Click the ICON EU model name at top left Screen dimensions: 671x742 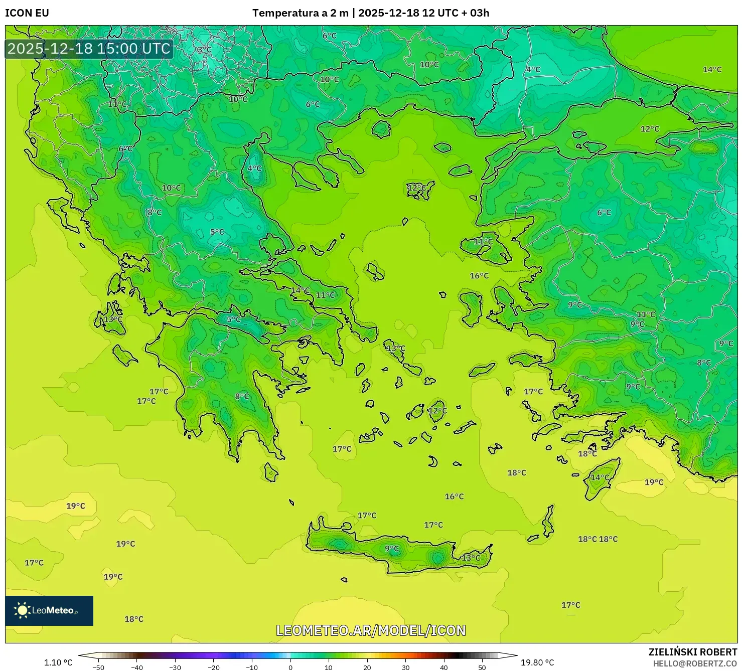click(27, 13)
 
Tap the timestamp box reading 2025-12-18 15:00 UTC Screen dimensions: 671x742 click(89, 49)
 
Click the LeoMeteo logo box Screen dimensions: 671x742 click(49, 610)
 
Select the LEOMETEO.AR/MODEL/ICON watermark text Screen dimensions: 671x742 click(371, 630)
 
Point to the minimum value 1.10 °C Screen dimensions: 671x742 click(58, 662)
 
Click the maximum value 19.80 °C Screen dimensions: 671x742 click(537, 662)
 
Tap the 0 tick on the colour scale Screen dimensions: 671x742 click(290, 667)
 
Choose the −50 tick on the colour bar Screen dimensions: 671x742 click(98, 667)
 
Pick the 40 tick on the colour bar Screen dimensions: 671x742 click(444, 667)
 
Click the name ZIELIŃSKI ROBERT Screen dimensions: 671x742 click(692, 652)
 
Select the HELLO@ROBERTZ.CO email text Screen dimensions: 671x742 click(695, 663)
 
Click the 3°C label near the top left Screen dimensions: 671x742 click(204, 50)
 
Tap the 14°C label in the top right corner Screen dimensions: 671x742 click(712, 70)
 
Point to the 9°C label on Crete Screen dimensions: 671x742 click(392, 549)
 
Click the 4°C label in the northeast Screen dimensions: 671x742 click(533, 70)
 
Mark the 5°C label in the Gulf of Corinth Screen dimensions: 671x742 click(234, 319)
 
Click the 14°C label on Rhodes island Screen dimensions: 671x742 click(600, 477)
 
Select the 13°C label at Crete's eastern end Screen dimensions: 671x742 click(471, 558)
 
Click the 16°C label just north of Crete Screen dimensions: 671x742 click(454, 496)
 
